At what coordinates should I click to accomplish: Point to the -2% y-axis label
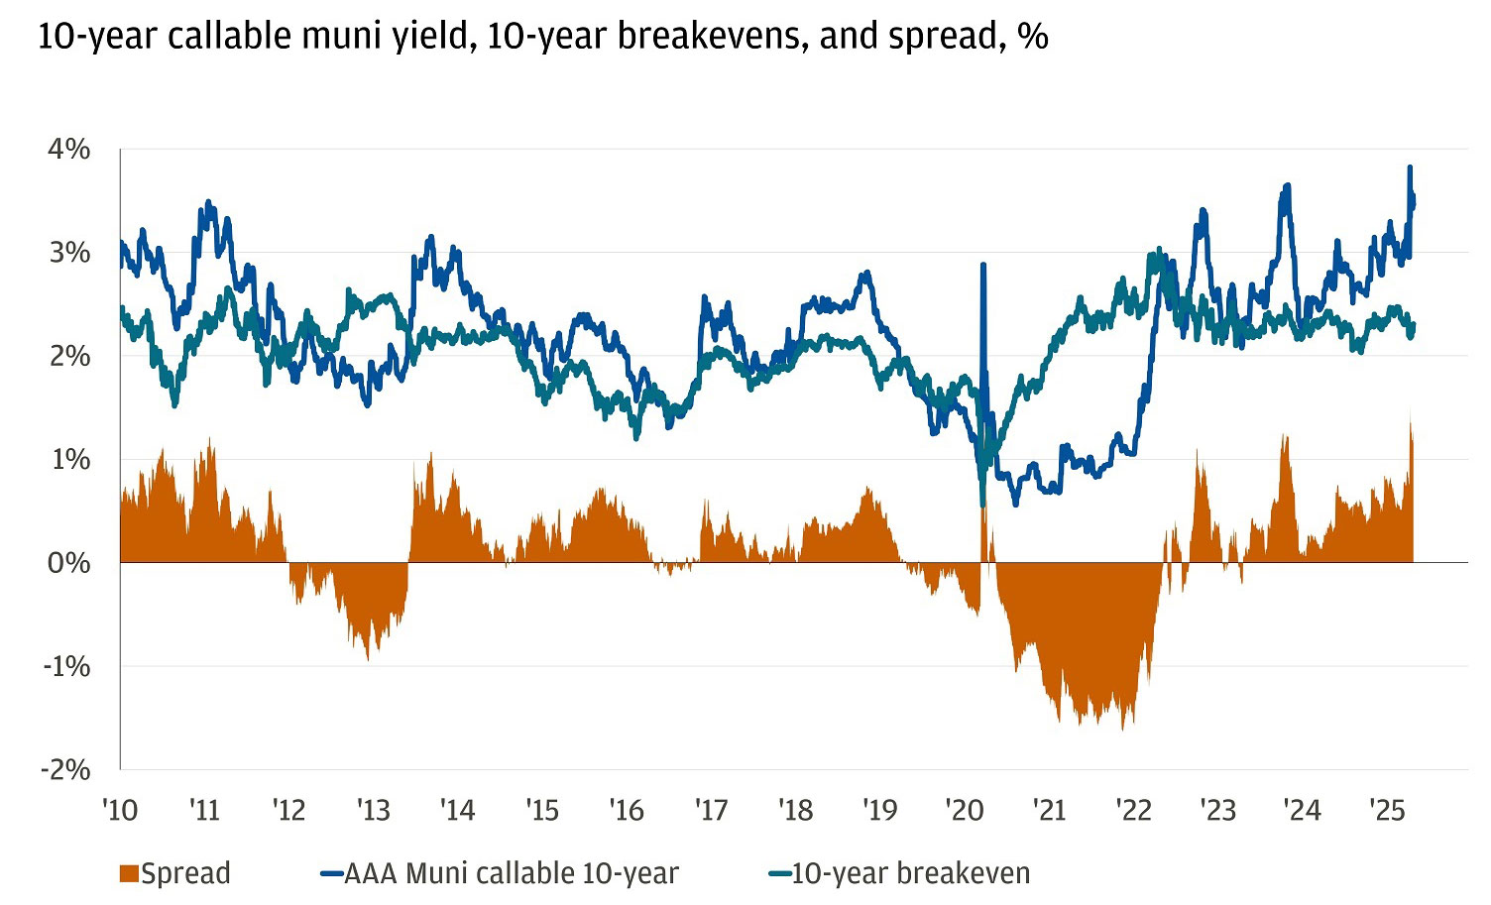[x=64, y=769]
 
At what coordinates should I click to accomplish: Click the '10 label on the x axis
[x=120, y=810]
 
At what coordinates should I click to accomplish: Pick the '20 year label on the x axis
[x=965, y=810]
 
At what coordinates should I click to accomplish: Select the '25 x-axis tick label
[x=1387, y=810]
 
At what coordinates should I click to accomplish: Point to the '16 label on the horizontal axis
[x=628, y=810]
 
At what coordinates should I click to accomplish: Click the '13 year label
[x=374, y=810]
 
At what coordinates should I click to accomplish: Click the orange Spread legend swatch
[x=128, y=873]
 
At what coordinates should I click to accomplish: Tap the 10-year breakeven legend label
[x=910, y=873]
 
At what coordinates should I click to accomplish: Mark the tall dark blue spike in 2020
[x=982, y=266]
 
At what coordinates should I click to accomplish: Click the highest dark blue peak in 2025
[x=1410, y=168]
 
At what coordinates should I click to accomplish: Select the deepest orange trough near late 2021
[x=1122, y=729]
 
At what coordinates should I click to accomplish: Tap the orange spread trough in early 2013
[x=369, y=658]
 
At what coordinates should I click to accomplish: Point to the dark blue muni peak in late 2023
[x=1287, y=185]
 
